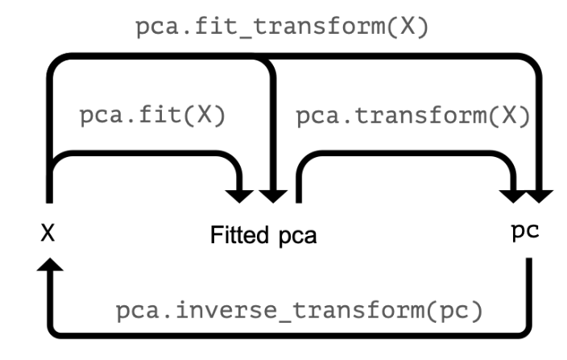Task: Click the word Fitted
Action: (242, 237)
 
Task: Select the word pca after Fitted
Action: (297, 238)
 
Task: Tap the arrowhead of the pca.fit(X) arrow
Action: (240, 194)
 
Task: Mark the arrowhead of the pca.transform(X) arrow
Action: (512, 194)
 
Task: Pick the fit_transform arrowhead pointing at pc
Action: (540, 194)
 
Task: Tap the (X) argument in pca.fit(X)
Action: (207, 115)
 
